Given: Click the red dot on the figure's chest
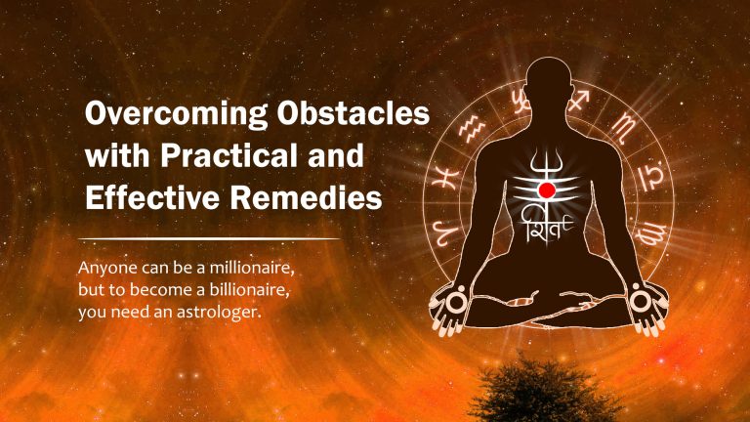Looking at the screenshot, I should (x=546, y=189).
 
